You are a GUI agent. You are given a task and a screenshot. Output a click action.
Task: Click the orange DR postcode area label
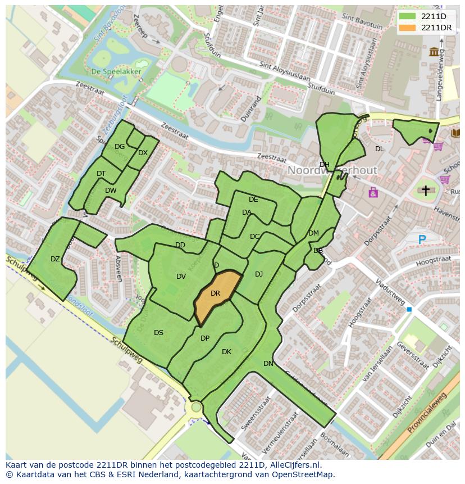click(x=215, y=293)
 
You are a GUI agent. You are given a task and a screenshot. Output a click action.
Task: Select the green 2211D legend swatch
click(x=407, y=16)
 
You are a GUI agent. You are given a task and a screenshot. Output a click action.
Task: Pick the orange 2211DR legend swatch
click(x=407, y=28)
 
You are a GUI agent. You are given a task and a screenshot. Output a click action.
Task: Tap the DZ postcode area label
click(x=55, y=259)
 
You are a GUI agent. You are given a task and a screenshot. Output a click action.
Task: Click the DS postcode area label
click(x=158, y=333)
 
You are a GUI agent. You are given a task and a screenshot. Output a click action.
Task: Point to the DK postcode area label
click(x=226, y=352)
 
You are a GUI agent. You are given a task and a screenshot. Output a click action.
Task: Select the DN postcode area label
click(x=268, y=364)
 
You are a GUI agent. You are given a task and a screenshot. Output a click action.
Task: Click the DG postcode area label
click(x=120, y=147)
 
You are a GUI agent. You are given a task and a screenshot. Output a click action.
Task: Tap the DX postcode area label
click(x=143, y=153)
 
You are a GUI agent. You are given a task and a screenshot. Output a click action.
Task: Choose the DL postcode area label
click(x=380, y=149)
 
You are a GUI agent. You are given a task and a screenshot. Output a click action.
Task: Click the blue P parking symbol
click(x=422, y=240)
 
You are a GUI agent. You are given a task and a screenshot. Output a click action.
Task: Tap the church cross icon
click(x=425, y=191)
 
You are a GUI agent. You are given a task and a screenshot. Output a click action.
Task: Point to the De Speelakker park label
click(x=116, y=71)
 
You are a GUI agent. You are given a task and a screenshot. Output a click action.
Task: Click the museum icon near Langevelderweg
click(x=434, y=52)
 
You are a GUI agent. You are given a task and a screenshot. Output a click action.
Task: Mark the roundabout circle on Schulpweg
click(x=196, y=406)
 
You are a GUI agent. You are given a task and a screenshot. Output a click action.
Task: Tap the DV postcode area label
click(x=181, y=277)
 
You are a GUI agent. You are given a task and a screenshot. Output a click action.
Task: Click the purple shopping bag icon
click(x=373, y=193)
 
